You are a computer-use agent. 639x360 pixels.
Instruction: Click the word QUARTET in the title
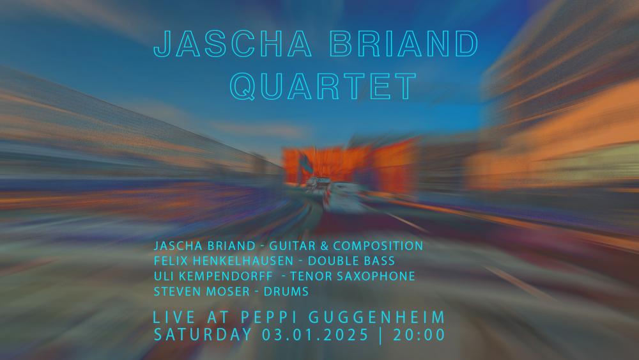point(323,86)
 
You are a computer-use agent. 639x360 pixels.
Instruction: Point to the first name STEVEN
point(175,292)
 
